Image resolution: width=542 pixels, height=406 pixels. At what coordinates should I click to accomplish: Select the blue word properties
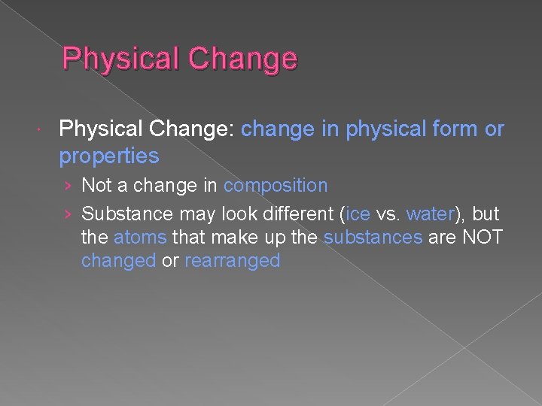pos(109,156)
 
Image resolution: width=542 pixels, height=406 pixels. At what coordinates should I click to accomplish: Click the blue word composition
pos(276,185)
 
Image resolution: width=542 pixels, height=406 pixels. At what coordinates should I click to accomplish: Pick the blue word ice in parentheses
pos(358,214)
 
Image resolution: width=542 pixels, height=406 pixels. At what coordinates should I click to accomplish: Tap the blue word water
pos(430,214)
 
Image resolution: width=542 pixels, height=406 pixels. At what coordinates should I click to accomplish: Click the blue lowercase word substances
pos(373,238)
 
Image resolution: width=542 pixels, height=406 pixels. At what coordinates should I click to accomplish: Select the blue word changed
pos(119,261)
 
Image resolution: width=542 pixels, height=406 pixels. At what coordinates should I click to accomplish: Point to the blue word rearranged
pos(232,261)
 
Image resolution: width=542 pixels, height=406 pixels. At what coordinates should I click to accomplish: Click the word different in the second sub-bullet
pos(296,214)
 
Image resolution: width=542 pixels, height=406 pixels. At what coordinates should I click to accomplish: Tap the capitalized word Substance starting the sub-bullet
pos(126,214)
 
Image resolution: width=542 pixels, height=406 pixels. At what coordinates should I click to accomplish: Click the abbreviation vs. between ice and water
pos(388,214)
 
